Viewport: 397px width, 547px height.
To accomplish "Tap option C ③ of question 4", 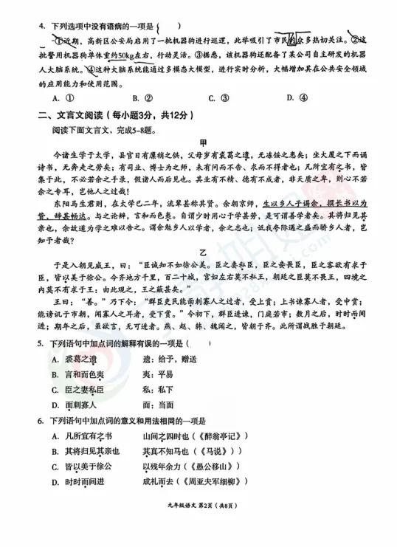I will coord(213,97).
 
